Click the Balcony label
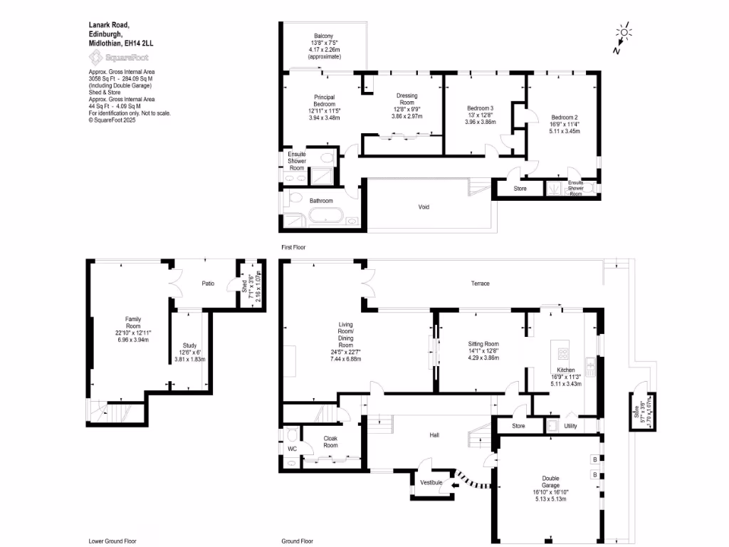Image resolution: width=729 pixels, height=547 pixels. point(324,36)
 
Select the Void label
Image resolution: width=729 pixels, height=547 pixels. point(424,207)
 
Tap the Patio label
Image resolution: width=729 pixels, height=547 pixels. point(207,283)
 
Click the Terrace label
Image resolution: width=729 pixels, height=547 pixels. point(480,283)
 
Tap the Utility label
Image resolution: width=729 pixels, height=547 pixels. point(571,426)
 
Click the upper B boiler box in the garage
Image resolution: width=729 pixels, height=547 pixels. point(594,459)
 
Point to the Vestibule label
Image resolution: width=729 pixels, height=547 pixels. point(431,483)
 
